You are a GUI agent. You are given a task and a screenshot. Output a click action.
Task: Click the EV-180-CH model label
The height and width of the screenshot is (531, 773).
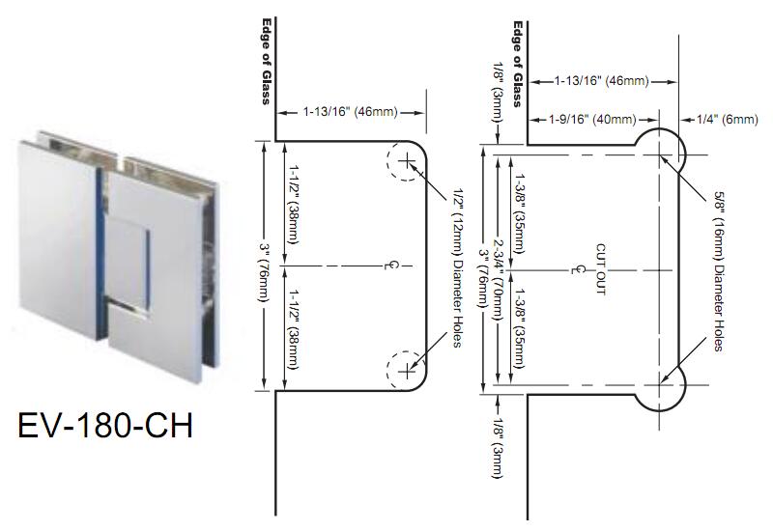(104, 426)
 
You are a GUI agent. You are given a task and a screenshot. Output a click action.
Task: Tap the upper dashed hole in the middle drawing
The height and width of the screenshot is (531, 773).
(406, 160)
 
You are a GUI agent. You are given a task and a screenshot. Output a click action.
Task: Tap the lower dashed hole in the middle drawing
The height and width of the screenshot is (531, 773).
(406, 369)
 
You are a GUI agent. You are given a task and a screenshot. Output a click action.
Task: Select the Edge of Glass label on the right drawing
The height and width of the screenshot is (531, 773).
(517, 63)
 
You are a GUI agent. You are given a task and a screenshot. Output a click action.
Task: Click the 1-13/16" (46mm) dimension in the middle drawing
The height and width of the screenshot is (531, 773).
(350, 113)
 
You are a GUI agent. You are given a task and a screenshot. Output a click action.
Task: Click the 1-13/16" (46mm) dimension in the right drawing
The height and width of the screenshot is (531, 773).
(599, 81)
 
